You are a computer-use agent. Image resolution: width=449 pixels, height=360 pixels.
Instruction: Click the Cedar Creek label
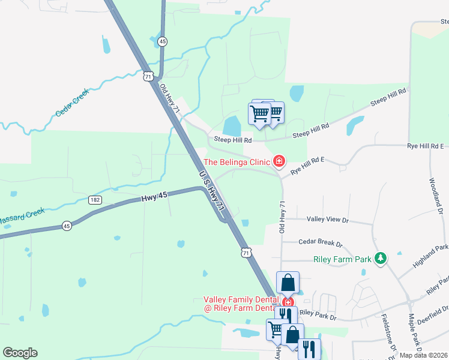point(72,103)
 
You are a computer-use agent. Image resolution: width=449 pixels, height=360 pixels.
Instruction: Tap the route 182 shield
point(95,199)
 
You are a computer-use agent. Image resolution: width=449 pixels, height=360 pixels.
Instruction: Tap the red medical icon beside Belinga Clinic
point(279,161)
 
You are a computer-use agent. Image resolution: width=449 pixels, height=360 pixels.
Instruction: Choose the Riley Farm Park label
point(342,260)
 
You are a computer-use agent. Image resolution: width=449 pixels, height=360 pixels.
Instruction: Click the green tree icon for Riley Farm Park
point(379,258)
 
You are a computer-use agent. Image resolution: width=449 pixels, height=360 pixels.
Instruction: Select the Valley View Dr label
point(328,220)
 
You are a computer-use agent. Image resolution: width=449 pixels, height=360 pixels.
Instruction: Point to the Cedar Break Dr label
point(321,244)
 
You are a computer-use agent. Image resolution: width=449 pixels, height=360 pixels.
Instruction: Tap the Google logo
point(20,353)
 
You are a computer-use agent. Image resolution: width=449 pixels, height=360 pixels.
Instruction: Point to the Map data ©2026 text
point(424,355)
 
